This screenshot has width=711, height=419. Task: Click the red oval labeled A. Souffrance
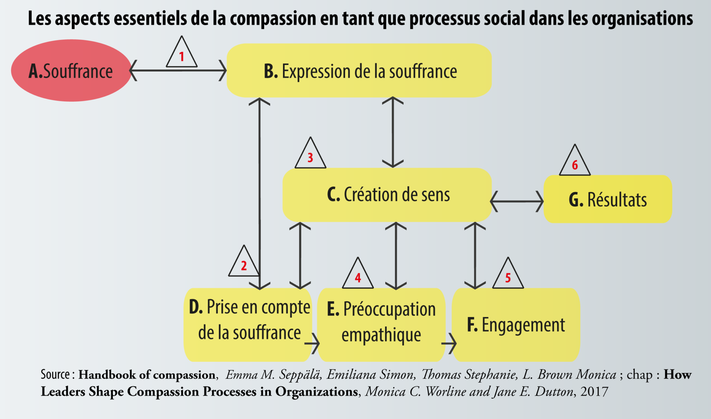71,70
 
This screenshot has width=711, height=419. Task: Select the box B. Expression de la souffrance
359,70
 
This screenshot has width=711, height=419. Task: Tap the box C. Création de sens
387,195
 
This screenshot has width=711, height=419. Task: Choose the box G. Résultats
608,199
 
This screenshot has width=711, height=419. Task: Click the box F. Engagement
516,325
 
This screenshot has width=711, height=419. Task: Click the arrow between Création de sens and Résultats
517,201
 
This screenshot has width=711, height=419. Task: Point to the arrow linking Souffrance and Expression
178,70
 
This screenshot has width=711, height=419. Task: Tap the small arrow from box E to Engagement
449,344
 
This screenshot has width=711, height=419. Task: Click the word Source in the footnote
55,375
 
